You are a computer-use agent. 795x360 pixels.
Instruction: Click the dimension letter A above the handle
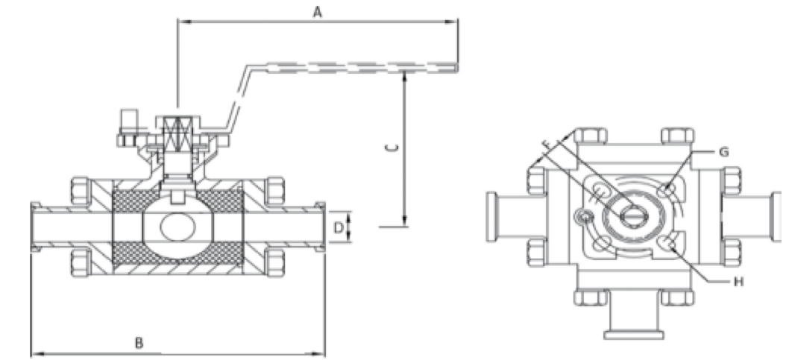[317, 12]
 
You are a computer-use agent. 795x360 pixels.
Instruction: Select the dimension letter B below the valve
[139, 343]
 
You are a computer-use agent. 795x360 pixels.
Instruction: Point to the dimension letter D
[339, 227]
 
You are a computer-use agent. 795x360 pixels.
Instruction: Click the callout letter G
[723, 152]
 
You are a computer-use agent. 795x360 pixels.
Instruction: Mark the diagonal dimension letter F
[547, 144]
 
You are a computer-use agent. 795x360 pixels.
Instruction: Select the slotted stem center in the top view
[633, 216]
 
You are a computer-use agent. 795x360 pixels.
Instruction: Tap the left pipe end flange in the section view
[34, 227]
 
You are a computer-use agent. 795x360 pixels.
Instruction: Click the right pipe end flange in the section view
[321, 227]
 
